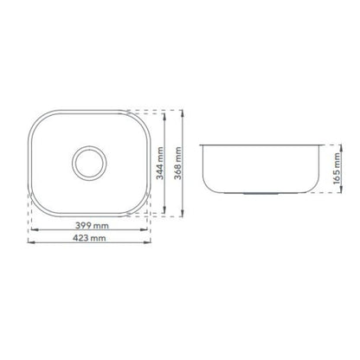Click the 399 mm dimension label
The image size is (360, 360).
pos(92,225)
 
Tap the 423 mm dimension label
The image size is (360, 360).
pos(89,238)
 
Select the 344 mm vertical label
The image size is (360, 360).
pos(160,164)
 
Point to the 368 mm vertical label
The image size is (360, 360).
pos(178,164)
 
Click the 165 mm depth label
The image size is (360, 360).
pos(336,169)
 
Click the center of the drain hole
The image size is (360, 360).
pos(89,163)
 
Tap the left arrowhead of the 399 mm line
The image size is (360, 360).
pos(35,229)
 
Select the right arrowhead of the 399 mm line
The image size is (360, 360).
pos(144,229)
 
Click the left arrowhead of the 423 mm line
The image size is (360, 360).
pos(31,242)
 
